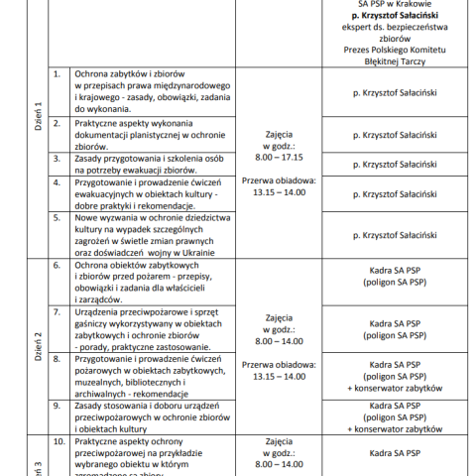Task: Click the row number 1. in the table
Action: (x=57, y=74)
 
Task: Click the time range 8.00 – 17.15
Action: (x=279, y=157)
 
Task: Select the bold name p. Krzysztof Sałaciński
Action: (x=396, y=17)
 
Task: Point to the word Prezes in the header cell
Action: (x=359, y=46)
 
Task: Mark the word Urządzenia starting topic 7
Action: (x=100, y=310)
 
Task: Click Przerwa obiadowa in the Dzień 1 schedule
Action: (x=279, y=180)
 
